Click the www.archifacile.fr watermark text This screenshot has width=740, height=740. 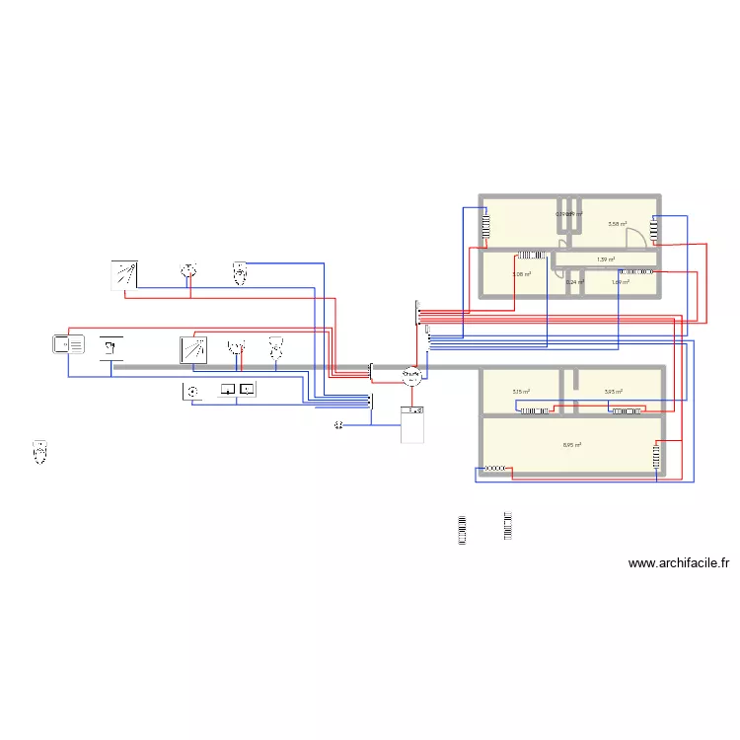click(x=678, y=564)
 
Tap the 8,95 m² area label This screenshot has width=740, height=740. click(x=571, y=445)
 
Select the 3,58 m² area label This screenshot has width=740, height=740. click(x=617, y=224)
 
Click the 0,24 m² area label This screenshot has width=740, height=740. click(x=574, y=282)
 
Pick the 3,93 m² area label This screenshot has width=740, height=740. click(x=614, y=392)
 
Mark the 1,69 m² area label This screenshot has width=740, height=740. click(x=620, y=282)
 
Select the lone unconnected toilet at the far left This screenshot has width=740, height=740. click(x=40, y=452)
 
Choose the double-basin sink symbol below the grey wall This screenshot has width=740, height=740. click(x=237, y=390)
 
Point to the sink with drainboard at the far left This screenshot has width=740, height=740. click(x=68, y=344)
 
